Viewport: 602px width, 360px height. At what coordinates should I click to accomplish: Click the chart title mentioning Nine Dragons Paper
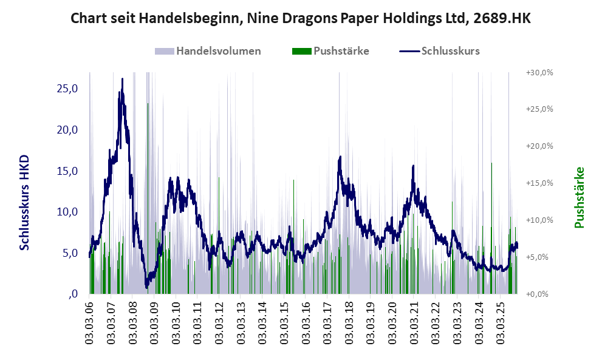click(x=301, y=18)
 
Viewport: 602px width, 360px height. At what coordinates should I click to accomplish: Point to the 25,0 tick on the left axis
click(x=67, y=89)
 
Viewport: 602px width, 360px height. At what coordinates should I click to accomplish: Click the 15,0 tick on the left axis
click(x=67, y=171)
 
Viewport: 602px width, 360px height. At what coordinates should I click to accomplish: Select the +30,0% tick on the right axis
click(x=539, y=72)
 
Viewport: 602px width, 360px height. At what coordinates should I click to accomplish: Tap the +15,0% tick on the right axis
click(x=539, y=183)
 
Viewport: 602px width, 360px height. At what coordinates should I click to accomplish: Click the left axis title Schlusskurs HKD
click(x=25, y=202)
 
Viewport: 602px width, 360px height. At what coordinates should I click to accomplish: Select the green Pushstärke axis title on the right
click(x=578, y=197)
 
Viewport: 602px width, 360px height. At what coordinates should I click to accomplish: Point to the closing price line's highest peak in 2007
click(x=122, y=79)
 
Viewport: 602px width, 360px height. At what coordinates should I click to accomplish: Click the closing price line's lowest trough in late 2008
click(x=146, y=287)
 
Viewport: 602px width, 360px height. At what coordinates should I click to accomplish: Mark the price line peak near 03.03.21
click(x=413, y=166)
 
